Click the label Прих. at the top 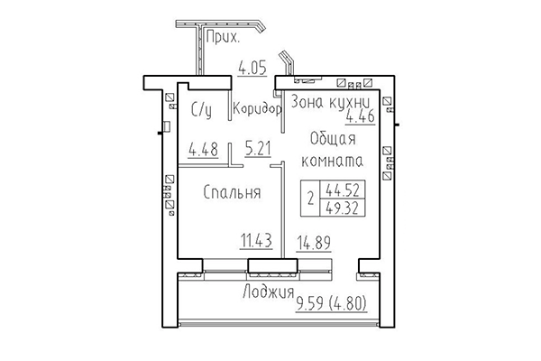click(223, 38)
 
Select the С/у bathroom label click(202, 110)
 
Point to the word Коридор click(258, 110)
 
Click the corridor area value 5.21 click(258, 150)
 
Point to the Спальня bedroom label click(232, 192)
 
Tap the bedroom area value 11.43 click(257, 240)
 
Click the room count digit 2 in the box click(311, 199)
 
